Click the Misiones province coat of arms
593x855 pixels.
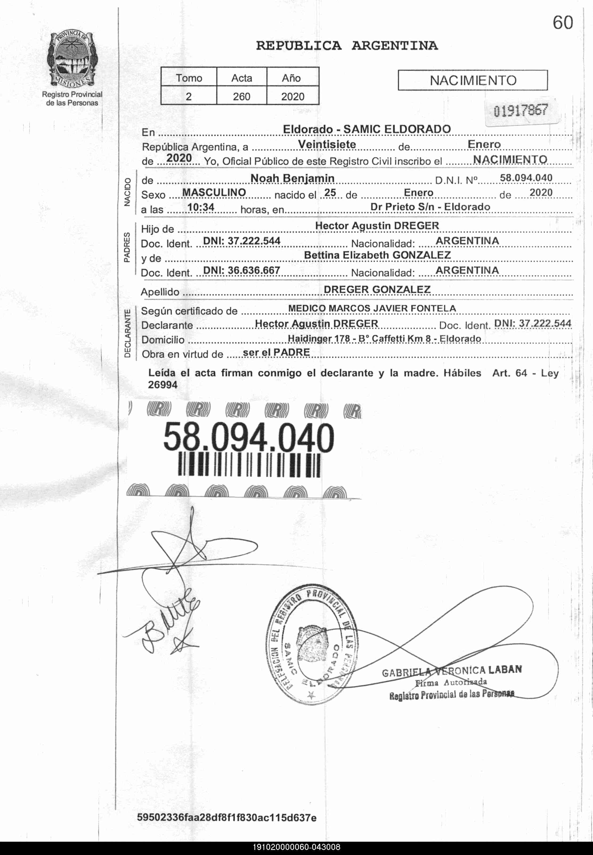click(72, 59)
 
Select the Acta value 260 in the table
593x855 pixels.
click(242, 97)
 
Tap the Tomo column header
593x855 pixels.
click(189, 78)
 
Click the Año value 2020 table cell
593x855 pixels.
click(293, 97)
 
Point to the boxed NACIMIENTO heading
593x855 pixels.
click(473, 80)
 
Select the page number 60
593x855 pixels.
click(563, 23)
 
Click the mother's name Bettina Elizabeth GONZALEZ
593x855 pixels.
click(377, 255)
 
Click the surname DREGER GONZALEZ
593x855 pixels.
click(377, 290)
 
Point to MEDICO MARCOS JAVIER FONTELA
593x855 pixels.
click(372, 308)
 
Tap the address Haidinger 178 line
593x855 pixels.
click(384, 338)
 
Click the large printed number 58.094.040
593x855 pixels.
click(249, 438)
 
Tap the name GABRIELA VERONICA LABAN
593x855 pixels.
click(452, 671)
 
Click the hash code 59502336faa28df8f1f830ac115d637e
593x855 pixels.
click(227, 817)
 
